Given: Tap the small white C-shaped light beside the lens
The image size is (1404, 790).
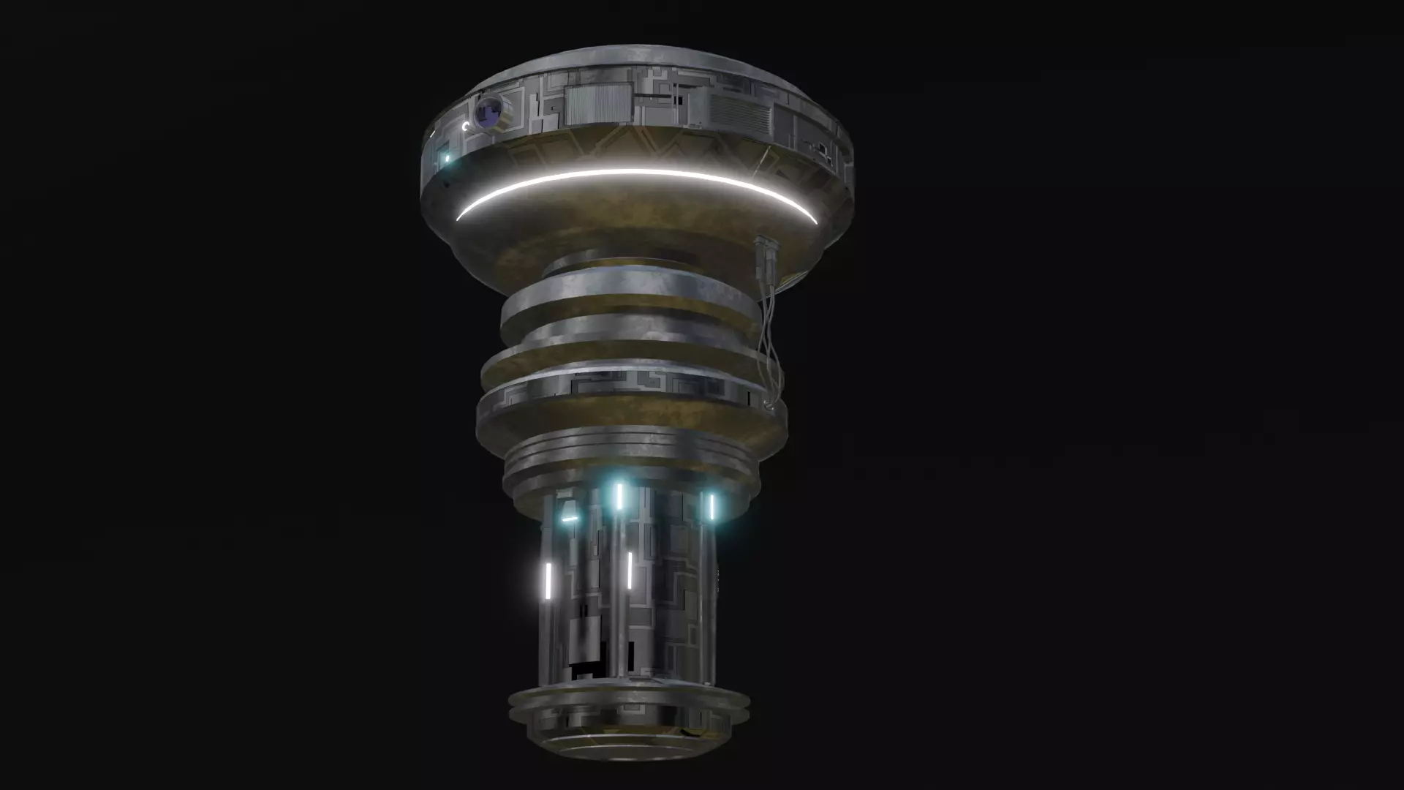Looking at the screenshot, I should click(x=466, y=127).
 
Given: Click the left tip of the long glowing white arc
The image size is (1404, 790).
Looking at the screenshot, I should click(x=459, y=217).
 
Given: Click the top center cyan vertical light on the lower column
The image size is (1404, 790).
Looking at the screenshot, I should click(x=619, y=495).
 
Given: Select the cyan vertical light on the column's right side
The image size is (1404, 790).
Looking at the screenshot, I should click(x=710, y=506).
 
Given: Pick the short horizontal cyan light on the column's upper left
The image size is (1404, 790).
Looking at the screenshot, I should click(x=570, y=519).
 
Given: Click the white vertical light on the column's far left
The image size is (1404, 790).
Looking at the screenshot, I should click(x=547, y=579).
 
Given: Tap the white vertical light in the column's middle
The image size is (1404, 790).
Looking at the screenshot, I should click(x=629, y=571).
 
